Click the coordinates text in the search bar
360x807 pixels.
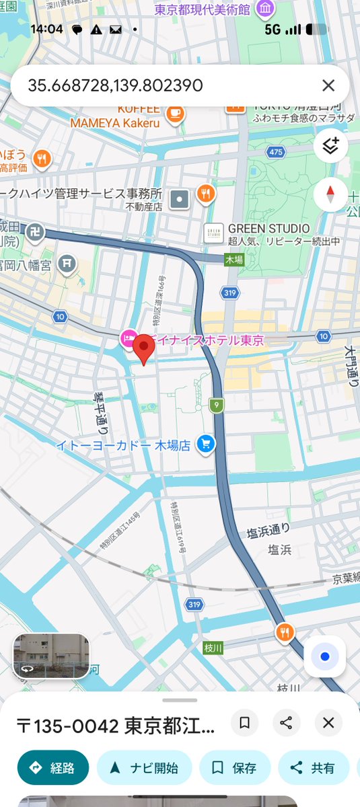coord(115,85)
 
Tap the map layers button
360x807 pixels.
coord(330,146)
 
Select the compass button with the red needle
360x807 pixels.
coord(330,195)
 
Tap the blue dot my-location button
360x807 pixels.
coord(325,656)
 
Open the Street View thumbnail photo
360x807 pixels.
coord(51,656)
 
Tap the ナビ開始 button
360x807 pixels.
coord(144,768)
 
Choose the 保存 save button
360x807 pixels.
coord(235,768)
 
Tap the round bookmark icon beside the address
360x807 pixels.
coord(245,723)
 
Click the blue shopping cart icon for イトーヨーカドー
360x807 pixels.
coord(205,444)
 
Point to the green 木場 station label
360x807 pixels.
coord(234,260)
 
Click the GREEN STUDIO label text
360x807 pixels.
coord(269,229)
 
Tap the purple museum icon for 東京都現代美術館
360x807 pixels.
coord(265,9)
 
